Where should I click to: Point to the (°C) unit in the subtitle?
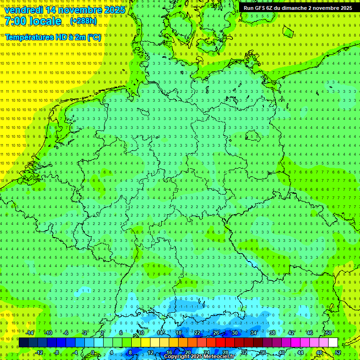(x=94, y=37)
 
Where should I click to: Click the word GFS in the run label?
(x=261, y=8)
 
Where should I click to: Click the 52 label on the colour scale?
(x=338, y=352)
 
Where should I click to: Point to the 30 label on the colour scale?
(x=234, y=333)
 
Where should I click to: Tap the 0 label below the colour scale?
(x=92, y=352)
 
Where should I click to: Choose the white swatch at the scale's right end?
(x=333, y=343)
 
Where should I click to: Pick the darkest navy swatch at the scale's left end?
(x=23, y=343)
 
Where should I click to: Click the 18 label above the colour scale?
(x=178, y=333)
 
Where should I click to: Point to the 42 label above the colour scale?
(x=291, y=333)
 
